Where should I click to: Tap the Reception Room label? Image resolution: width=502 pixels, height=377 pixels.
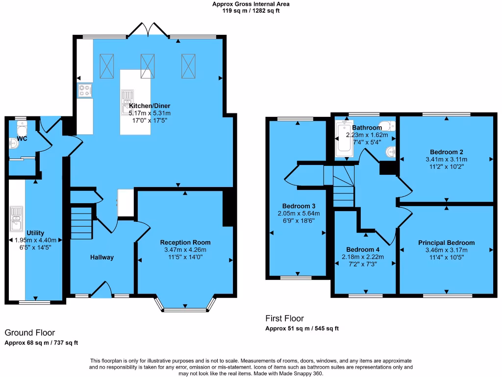[185, 242]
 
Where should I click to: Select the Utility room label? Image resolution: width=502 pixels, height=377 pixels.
[35, 233]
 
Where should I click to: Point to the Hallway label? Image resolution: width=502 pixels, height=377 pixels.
[101, 257]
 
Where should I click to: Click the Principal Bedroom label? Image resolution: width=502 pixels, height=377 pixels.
[446, 243]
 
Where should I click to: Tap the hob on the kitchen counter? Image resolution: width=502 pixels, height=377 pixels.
[84, 90]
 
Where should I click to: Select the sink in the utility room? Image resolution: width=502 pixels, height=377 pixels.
[16, 218]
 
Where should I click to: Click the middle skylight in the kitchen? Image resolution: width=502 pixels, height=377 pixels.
[148, 65]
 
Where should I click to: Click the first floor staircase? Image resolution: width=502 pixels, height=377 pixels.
[343, 187]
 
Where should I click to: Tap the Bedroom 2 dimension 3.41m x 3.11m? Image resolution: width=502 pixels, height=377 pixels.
[447, 160]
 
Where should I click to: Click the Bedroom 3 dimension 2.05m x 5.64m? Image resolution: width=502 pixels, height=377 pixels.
[298, 213]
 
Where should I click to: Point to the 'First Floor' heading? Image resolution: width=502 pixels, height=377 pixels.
[284, 318]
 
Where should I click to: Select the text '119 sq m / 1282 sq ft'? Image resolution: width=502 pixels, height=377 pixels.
[251, 10]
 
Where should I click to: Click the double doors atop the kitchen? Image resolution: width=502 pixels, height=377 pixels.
[148, 30]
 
